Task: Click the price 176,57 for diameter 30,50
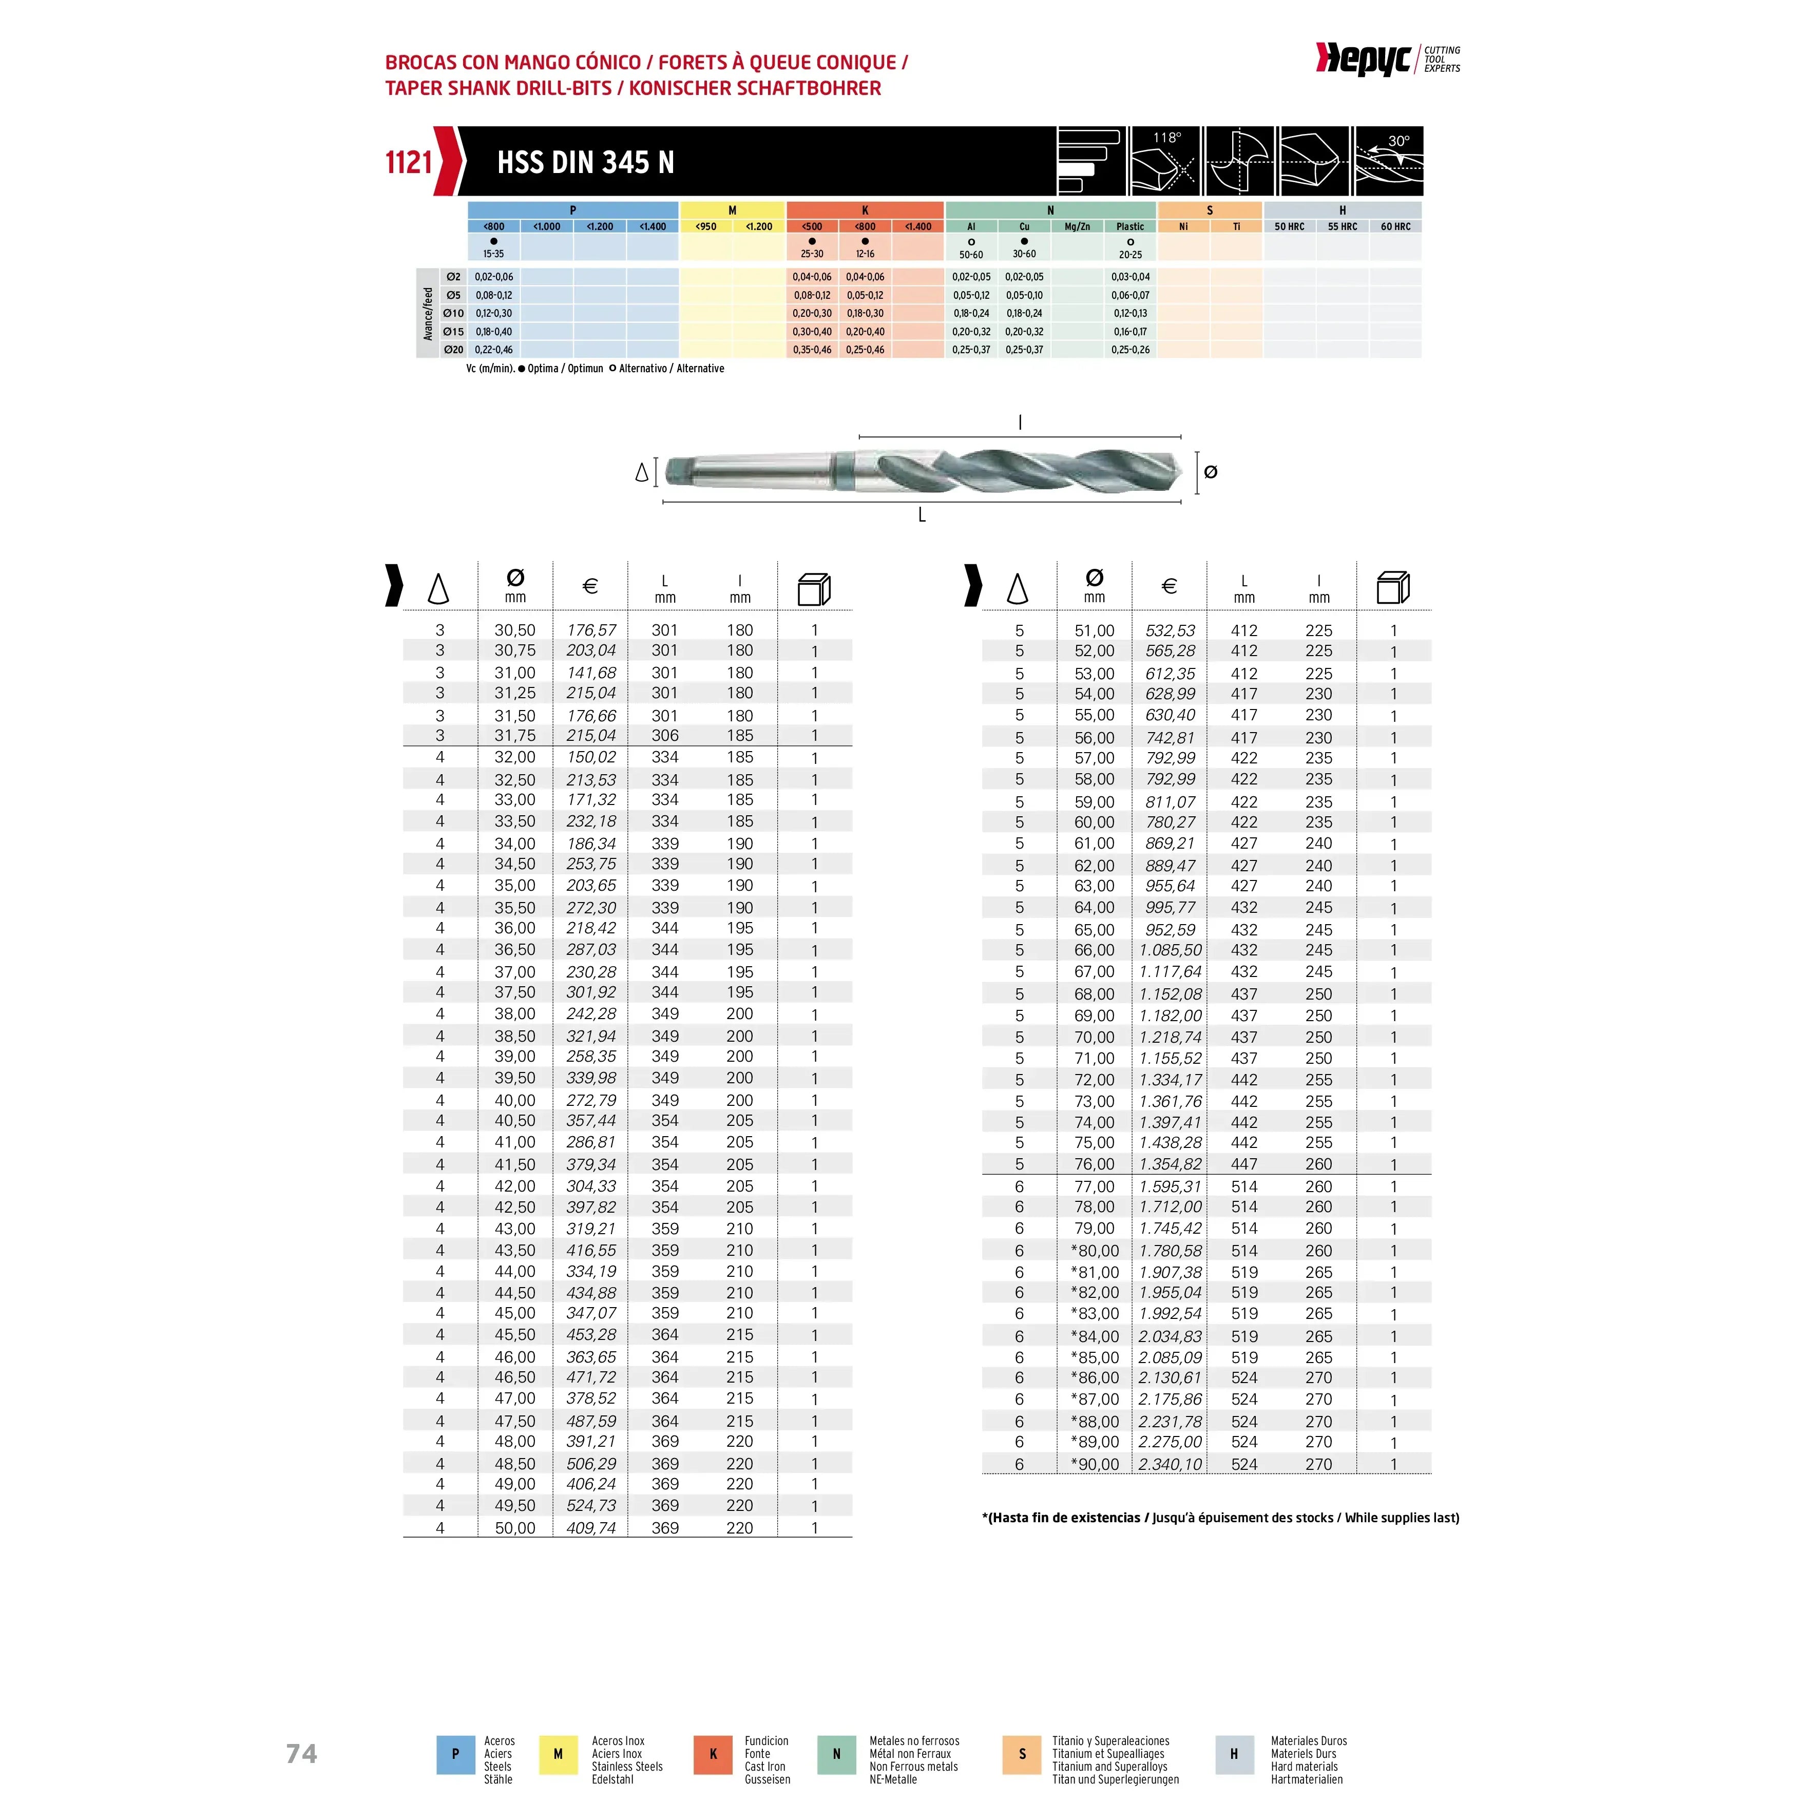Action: point(591,630)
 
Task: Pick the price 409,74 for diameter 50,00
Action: point(591,1528)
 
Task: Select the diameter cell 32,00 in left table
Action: point(514,757)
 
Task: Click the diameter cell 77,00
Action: point(1095,1186)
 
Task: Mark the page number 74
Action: point(301,1753)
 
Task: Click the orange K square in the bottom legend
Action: point(713,1753)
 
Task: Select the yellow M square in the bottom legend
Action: point(559,1753)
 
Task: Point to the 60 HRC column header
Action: point(1395,226)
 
